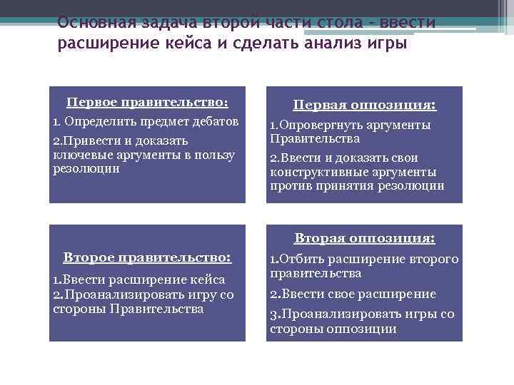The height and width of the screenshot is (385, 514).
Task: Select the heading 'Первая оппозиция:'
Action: tap(364, 106)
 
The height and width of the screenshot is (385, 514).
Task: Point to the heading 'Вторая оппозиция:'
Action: tap(364, 238)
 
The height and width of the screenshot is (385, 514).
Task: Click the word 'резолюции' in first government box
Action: tap(86, 169)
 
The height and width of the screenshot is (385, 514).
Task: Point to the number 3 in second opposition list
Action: tap(273, 314)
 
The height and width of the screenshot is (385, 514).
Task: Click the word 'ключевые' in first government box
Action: tap(79, 155)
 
